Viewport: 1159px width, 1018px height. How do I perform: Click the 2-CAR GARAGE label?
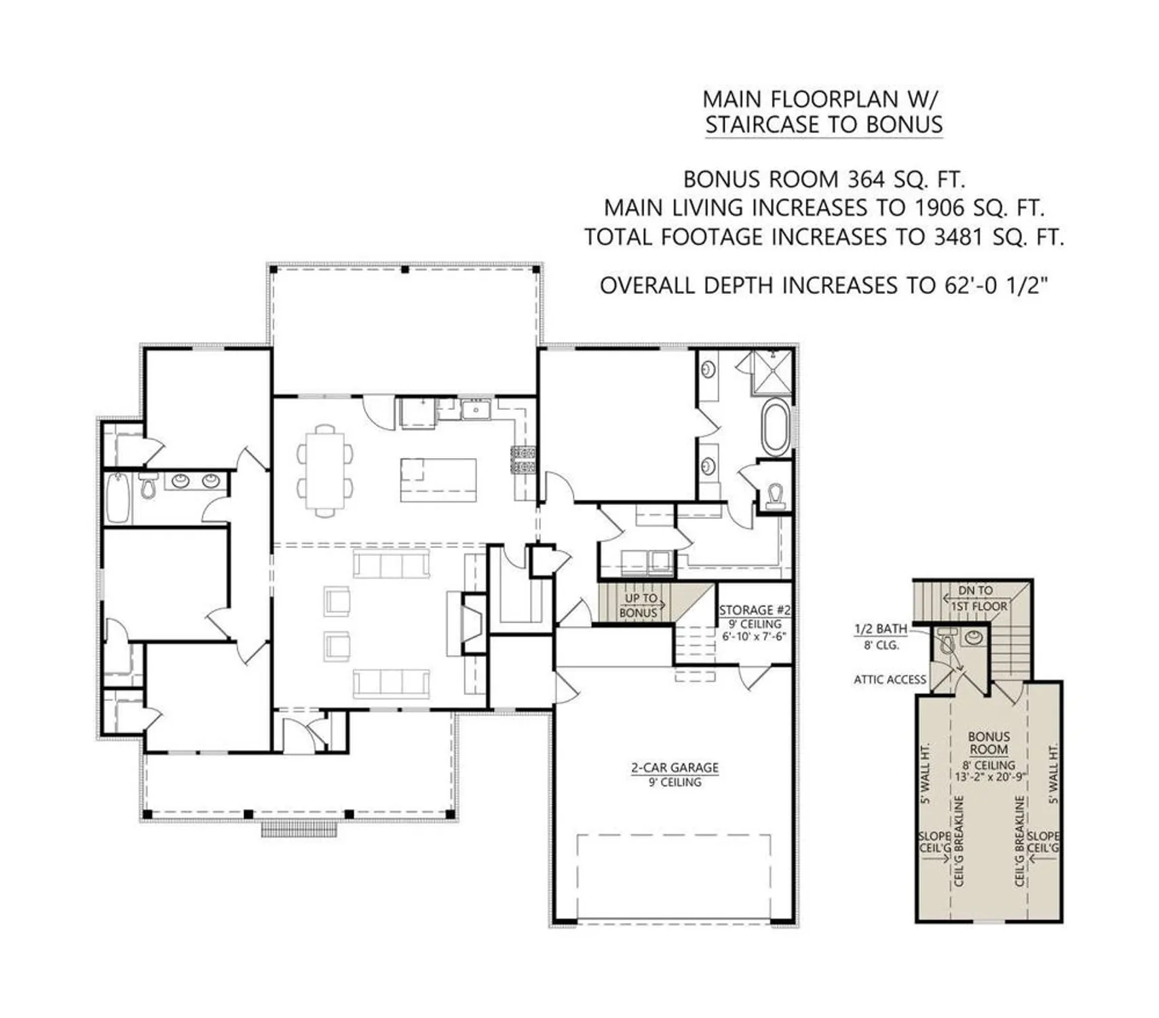tap(674, 768)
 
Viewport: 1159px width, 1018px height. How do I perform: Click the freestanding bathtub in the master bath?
tap(776, 428)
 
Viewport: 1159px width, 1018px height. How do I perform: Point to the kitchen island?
tap(438, 480)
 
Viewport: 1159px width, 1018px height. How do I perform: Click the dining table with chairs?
tap(325, 470)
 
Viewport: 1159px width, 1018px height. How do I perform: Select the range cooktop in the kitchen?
tap(523, 460)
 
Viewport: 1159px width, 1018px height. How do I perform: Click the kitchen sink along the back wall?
tap(476, 410)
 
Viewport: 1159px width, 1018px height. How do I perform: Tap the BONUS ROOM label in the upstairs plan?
tap(989, 743)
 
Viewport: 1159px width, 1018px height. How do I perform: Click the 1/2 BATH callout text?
tap(880, 629)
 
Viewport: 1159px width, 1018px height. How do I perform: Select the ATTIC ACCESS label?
tap(890, 679)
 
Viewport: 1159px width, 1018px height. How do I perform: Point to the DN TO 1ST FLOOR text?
tap(975, 598)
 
